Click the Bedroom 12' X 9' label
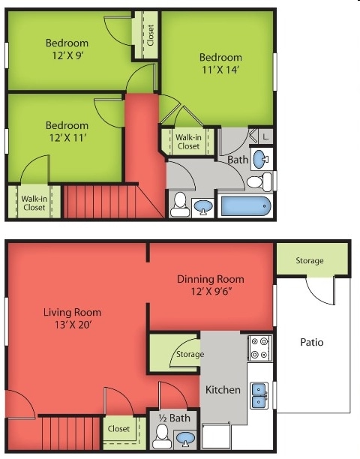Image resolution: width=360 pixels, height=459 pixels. [67, 49]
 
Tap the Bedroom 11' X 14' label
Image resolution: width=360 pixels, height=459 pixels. [220, 64]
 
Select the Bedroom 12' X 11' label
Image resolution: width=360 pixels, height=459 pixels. [67, 131]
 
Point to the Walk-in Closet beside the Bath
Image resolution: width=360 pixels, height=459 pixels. [188, 141]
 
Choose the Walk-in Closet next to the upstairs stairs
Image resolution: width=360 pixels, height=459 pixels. [34, 202]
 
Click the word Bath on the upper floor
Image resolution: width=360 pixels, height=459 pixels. [238, 160]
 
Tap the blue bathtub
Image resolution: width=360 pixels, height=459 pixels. [244, 205]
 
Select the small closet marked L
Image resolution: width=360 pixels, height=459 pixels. [265, 136]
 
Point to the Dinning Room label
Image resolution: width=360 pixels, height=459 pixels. [210, 285]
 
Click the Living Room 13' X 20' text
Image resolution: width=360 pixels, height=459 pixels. [72, 318]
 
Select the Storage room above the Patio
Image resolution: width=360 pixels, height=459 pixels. [309, 260]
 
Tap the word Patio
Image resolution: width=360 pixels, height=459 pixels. [312, 342]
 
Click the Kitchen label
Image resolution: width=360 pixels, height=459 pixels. [223, 389]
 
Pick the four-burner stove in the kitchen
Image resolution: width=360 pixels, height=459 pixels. [259, 347]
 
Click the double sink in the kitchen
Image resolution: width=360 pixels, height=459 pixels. [259, 394]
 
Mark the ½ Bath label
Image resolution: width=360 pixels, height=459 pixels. [173, 418]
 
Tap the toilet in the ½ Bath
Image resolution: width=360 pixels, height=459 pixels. [161, 434]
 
